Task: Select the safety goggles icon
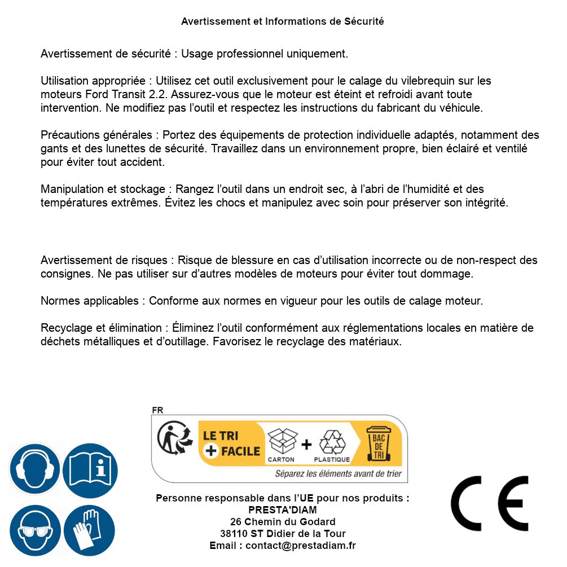click(36, 531)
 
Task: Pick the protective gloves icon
click(90, 531)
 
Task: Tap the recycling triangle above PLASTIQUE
click(332, 442)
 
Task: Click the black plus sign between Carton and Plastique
click(306, 445)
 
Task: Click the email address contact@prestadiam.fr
click(301, 546)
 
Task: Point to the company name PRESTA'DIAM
click(283, 510)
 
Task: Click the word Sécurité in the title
click(364, 21)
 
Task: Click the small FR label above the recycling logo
click(157, 410)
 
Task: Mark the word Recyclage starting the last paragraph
click(64, 328)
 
